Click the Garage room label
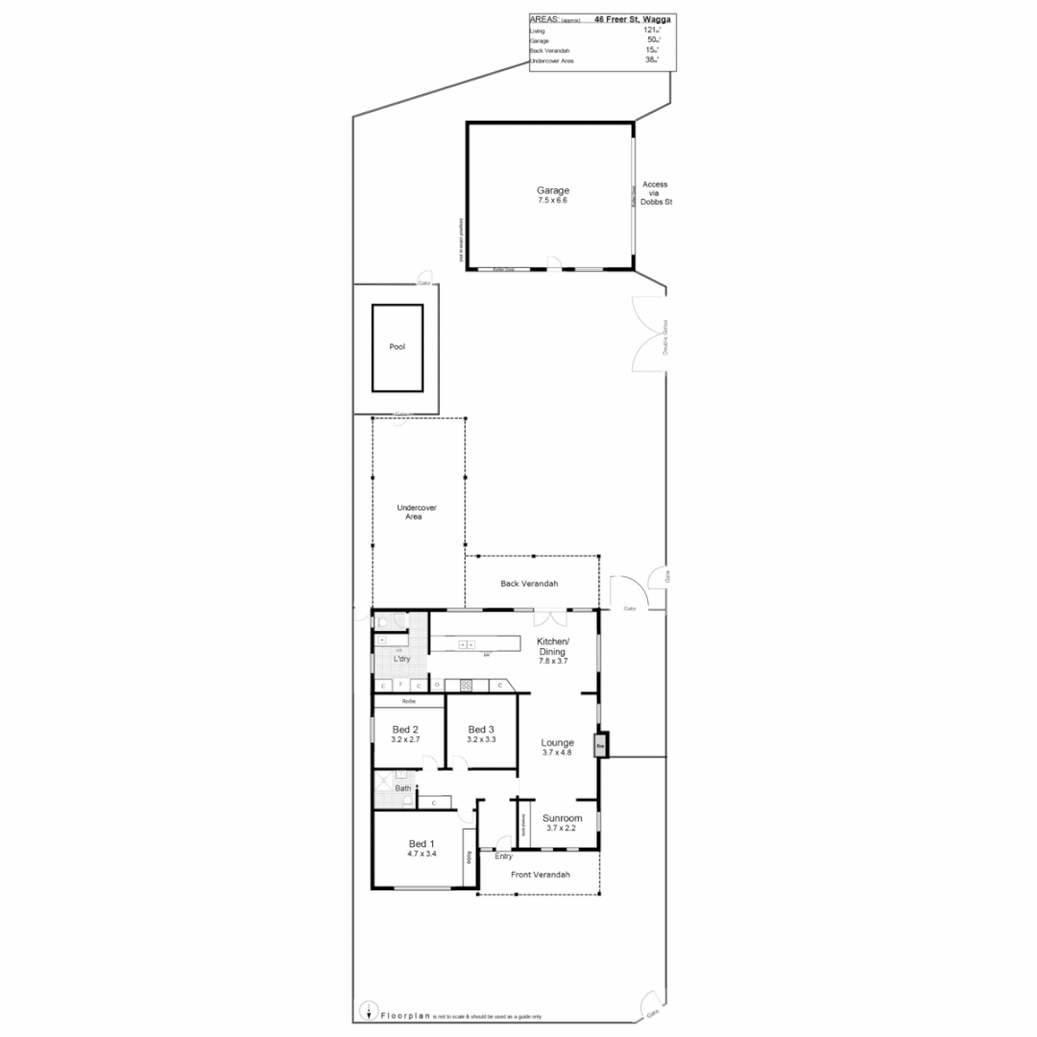[x=553, y=190]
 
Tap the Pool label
[x=398, y=348]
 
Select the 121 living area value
[x=651, y=31]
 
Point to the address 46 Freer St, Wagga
[x=634, y=18]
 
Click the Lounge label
[x=558, y=742]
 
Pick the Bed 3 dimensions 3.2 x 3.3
[x=481, y=739]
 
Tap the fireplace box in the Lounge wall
[x=601, y=745]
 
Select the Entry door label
[x=504, y=856]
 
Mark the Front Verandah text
[x=541, y=875]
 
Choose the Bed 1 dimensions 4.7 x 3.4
[x=422, y=854]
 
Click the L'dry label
[x=402, y=659]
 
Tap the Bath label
[x=403, y=788]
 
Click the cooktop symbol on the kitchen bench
[x=468, y=685]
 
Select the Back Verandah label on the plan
[x=529, y=584]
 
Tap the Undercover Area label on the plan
[x=416, y=512]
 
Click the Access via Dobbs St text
[x=655, y=193]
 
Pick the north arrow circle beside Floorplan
[x=368, y=1009]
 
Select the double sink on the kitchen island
[x=467, y=644]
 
